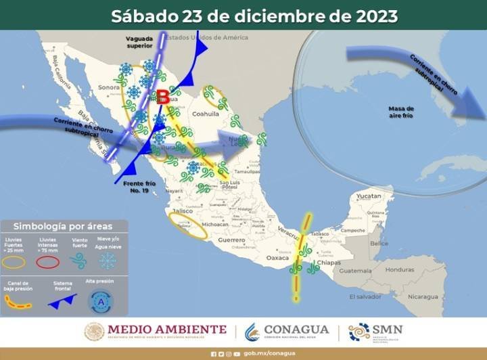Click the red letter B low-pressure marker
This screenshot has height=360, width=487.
[163, 97]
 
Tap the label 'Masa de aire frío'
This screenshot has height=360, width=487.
[401, 112]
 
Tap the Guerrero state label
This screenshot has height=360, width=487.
[231, 240]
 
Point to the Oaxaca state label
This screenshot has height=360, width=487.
[277, 258]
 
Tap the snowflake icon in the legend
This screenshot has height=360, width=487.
[108, 261]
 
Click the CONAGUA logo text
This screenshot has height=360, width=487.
[296, 330]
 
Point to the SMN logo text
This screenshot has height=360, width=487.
[388, 330]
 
